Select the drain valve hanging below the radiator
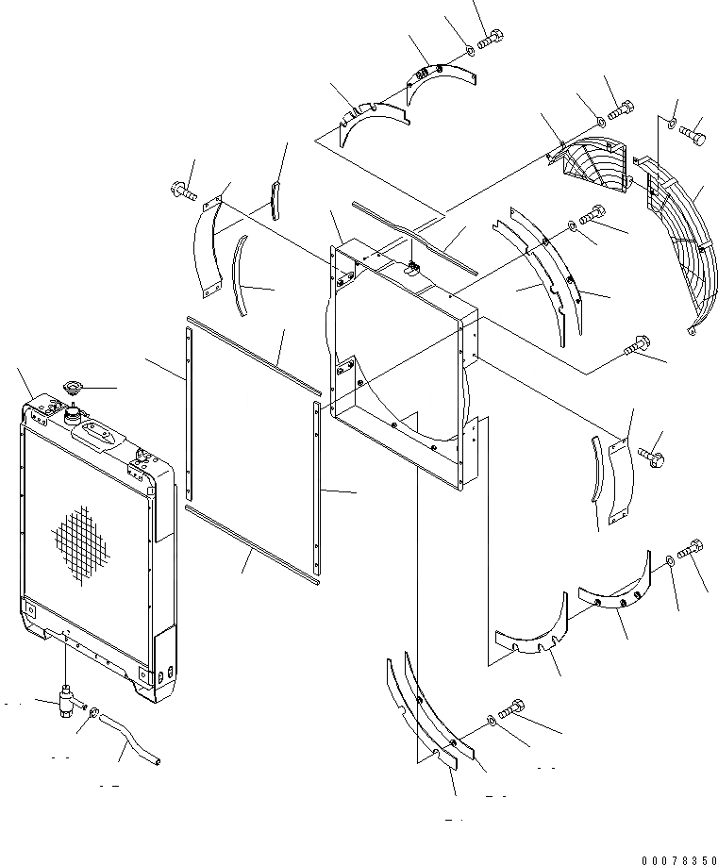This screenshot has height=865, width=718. (67, 704)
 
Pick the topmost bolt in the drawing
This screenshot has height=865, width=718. (491, 41)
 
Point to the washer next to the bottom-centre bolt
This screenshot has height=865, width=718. (493, 722)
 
